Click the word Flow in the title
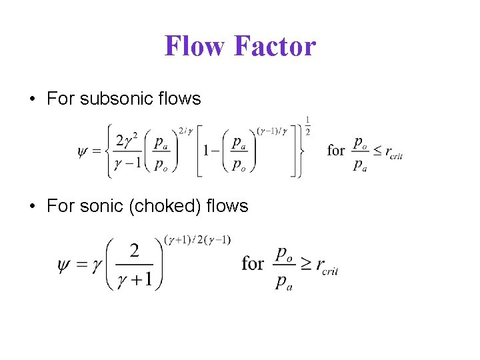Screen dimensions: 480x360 [x=196, y=46]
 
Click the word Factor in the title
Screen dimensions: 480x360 [x=275, y=46]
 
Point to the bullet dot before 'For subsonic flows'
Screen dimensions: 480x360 [x=33, y=99]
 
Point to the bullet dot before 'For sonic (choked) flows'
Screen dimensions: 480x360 [x=33, y=207]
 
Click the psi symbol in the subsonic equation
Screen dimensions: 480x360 [x=83, y=151]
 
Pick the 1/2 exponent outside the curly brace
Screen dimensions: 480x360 [x=308, y=125]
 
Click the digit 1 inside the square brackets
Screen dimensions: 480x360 [x=208, y=151]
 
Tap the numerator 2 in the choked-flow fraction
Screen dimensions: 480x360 [x=134, y=251]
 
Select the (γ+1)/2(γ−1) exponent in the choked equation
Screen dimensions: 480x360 [x=198, y=239]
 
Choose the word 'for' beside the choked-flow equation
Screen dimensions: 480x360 [x=252, y=264]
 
